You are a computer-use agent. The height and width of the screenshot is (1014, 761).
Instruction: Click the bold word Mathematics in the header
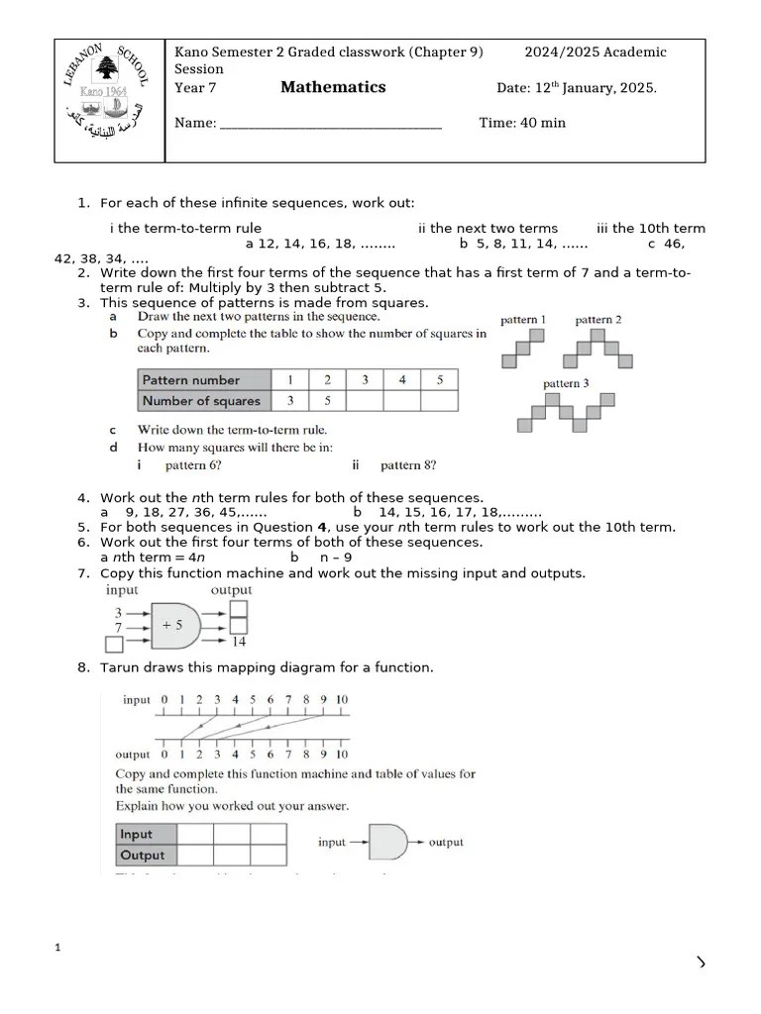333,87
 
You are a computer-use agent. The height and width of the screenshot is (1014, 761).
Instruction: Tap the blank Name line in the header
330,125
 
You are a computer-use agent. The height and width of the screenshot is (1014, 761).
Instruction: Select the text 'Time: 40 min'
522,123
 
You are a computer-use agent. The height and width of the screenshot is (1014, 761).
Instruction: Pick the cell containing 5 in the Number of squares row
327,401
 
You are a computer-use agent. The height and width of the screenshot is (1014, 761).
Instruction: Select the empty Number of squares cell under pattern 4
401,401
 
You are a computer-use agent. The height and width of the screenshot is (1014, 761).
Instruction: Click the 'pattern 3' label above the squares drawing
566,383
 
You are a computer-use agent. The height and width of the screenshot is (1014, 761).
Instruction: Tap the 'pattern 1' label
523,320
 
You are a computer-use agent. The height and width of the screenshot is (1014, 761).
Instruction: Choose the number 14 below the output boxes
239,642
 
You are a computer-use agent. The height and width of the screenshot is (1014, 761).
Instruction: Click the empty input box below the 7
115,644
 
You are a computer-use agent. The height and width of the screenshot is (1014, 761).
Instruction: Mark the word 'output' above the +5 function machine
231,590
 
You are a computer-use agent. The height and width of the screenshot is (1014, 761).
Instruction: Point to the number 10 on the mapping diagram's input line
342,700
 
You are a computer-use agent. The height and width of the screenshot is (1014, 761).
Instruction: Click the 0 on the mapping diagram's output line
164,755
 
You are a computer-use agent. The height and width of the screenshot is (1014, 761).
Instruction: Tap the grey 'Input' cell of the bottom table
147,834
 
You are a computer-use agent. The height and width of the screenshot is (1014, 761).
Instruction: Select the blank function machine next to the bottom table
387,843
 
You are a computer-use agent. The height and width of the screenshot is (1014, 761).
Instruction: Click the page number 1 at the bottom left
57,949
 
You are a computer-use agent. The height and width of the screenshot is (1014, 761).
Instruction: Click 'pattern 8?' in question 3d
408,465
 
